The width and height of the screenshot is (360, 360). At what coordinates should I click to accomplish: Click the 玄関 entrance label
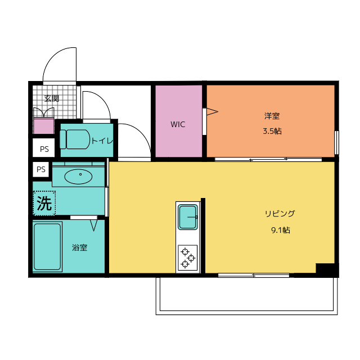point(52,98)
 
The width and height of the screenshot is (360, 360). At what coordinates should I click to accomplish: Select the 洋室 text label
point(272,116)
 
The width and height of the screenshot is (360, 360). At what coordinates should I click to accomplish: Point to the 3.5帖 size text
point(272,132)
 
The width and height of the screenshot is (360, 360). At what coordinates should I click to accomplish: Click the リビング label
point(280,214)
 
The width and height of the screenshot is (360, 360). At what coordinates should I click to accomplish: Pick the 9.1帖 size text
point(280,229)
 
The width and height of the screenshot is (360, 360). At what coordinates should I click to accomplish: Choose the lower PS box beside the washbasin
point(41,169)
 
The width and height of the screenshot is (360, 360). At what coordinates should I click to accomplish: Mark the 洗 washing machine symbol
point(44,203)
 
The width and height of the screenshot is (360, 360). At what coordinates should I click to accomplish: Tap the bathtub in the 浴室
point(47,247)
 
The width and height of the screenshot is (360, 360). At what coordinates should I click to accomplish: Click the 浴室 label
point(79,247)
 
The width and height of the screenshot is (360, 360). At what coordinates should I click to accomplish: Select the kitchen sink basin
point(188,217)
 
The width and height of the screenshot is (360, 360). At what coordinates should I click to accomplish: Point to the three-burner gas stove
point(188,258)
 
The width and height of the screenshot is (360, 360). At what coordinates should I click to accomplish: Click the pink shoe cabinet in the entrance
point(43,127)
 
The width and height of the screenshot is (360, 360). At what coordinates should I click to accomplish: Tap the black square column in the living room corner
point(326,269)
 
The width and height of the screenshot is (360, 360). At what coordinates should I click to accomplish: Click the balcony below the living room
point(247,295)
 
